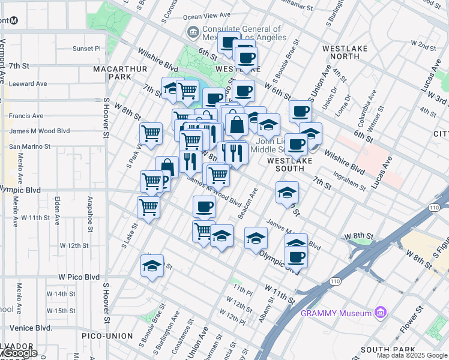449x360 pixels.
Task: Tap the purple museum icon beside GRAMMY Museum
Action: (379, 313)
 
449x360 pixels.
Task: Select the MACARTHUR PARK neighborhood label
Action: (120, 73)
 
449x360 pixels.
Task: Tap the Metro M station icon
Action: (14, 19)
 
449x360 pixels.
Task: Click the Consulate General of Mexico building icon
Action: (193, 32)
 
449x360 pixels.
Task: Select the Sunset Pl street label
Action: (87, 49)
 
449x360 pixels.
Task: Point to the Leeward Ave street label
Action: (28, 83)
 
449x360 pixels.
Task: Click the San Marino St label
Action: (29, 146)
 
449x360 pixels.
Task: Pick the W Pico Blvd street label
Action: (79, 277)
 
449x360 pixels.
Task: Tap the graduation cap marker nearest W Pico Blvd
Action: (152, 265)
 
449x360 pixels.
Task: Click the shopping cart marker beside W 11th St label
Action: (148, 208)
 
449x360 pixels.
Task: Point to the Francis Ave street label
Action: (26, 116)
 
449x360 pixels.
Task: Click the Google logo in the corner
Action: (19, 353)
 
